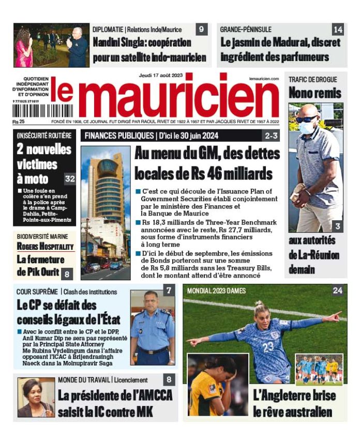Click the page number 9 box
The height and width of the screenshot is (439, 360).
201,29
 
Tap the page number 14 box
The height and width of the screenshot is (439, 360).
338,29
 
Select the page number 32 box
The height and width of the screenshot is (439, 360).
70,179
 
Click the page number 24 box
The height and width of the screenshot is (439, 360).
337,291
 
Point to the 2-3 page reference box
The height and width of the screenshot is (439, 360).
271,136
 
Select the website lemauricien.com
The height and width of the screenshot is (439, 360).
264,79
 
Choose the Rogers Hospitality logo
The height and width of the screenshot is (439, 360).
45,246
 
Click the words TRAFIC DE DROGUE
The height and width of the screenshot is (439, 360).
312,80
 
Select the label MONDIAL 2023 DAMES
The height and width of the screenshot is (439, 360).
211,291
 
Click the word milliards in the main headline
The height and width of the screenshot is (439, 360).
243,172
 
